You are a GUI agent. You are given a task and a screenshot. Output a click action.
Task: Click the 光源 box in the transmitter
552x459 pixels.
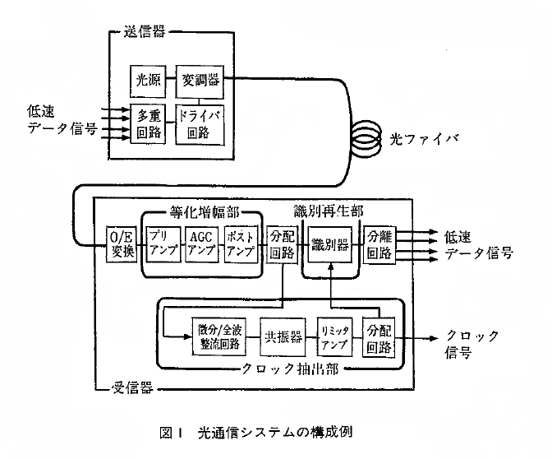[x=148, y=81]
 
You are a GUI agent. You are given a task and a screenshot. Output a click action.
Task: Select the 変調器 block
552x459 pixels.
[x=200, y=81]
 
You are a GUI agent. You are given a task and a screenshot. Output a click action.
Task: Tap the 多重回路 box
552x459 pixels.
[x=148, y=123]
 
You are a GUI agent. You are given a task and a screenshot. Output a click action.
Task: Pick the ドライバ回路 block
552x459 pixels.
[x=200, y=125]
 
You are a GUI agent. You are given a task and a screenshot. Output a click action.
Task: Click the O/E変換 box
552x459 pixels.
[x=122, y=244]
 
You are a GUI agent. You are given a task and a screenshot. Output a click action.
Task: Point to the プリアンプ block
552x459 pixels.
[x=163, y=244]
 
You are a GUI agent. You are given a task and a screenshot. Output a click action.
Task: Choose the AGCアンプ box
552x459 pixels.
[x=202, y=244]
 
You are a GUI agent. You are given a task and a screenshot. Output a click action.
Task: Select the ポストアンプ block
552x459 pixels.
[x=241, y=244]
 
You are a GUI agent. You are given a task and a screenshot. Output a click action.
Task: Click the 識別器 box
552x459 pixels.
[x=330, y=244]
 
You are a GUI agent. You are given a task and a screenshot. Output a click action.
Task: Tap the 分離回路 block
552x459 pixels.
[x=379, y=244]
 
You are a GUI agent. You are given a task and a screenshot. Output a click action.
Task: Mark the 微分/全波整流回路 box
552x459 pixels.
[x=219, y=336]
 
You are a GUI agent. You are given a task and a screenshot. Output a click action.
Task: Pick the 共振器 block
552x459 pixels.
[x=283, y=336]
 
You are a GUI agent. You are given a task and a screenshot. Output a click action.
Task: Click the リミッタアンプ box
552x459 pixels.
[x=334, y=336]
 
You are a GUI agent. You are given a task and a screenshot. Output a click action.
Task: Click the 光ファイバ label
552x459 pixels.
[x=424, y=139]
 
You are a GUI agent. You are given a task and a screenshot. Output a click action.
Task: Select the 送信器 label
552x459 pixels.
[x=145, y=32]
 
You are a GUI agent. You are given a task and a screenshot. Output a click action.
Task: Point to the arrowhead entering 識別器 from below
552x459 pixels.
[x=330, y=267]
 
